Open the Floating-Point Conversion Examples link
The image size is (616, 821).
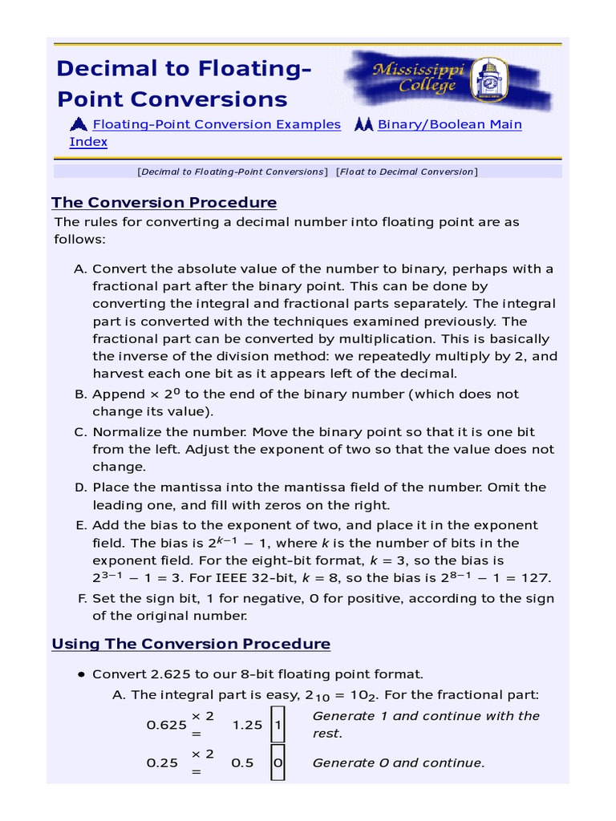217,124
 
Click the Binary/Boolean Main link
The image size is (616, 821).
449,124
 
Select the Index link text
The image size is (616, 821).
88,142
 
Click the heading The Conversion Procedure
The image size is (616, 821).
164,202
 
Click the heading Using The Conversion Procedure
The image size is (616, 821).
191,644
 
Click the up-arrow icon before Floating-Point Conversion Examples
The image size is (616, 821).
79,124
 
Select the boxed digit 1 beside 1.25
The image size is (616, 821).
278,725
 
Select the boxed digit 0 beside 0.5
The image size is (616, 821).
278,763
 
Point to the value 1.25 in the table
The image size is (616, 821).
247,725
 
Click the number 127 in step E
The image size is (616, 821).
538,578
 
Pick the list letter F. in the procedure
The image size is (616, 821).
82,598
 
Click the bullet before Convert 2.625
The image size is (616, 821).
81,674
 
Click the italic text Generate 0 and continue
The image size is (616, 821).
398,763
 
